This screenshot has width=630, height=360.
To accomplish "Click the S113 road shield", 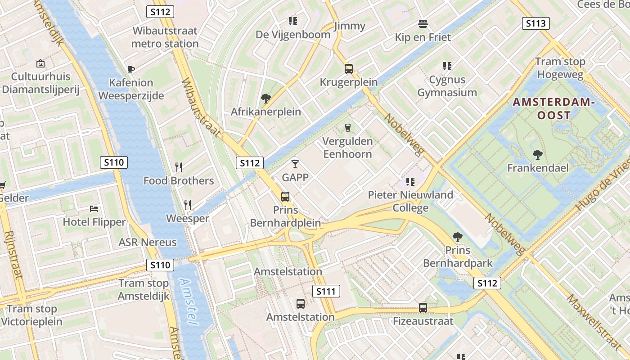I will click(x=535, y=23).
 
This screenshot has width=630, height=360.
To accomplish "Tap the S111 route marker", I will click(x=326, y=291).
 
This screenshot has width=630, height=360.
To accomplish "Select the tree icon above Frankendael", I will click(x=537, y=155).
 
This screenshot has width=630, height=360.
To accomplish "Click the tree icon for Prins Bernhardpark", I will click(x=457, y=237).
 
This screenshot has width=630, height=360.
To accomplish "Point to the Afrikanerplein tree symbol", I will click(x=265, y=98).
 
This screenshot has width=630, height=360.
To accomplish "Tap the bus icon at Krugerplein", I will click(x=348, y=69).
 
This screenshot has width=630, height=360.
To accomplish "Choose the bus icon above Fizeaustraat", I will click(x=423, y=308).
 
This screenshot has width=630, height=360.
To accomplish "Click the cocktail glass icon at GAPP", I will click(x=295, y=164).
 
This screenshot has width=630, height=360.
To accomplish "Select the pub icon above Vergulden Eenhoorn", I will click(x=347, y=128).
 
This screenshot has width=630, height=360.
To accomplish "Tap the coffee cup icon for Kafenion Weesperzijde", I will click(x=131, y=69).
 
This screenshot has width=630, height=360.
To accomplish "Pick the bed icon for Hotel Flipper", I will click(x=94, y=209).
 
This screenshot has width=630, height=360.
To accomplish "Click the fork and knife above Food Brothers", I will click(x=179, y=167).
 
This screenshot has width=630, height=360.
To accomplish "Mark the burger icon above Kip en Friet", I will click(x=423, y=23).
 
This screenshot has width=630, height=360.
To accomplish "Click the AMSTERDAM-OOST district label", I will click(x=554, y=109).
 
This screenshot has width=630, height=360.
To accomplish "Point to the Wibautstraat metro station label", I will click(x=165, y=37).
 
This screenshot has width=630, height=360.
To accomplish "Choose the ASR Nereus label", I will click(x=148, y=242).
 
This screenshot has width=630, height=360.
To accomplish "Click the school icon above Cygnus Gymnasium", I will click(x=447, y=66).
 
